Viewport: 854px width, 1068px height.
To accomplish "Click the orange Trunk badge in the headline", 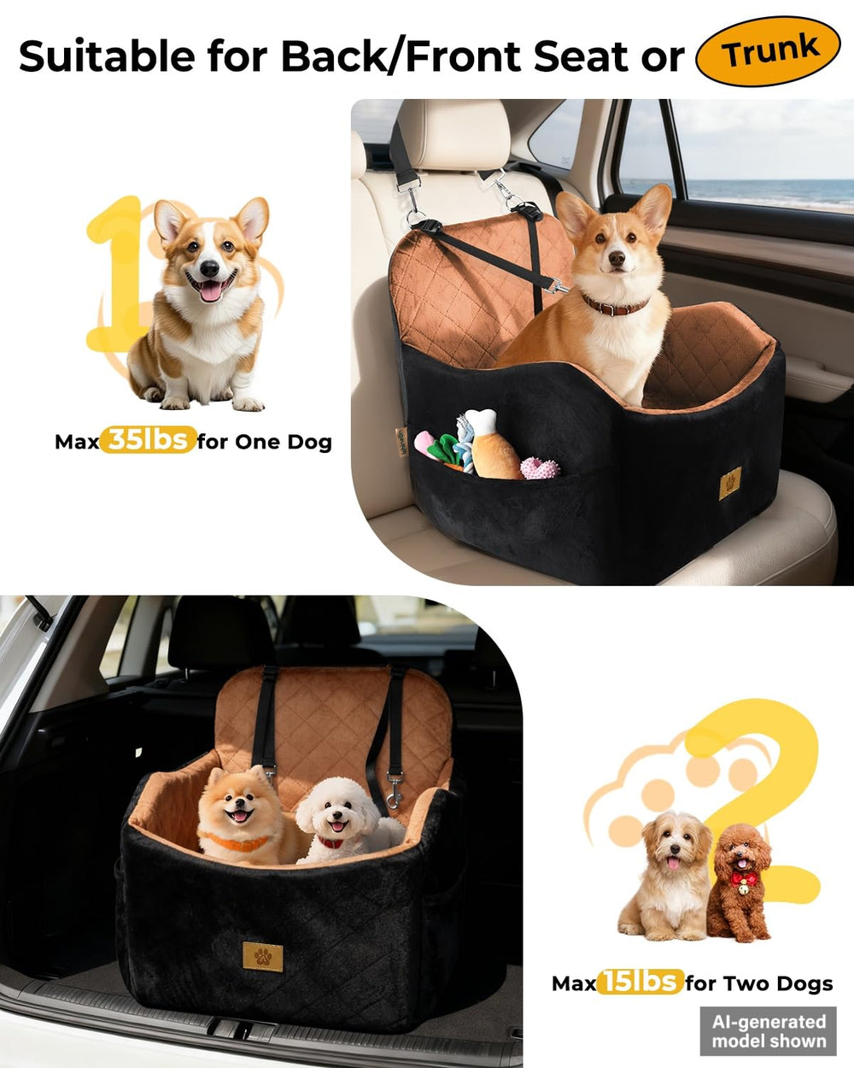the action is pyautogui.click(x=768, y=51).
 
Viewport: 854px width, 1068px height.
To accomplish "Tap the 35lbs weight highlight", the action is pyautogui.click(x=148, y=439).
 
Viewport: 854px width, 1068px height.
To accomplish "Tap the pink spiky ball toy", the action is pyautogui.click(x=540, y=468).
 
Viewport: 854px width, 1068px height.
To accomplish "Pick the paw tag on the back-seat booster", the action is pyautogui.click(x=730, y=482).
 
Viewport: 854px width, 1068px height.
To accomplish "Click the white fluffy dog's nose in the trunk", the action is pyautogui.click(x=337, y=815).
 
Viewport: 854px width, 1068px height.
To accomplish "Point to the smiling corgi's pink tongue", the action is pyautogui.click(x=210, y=292).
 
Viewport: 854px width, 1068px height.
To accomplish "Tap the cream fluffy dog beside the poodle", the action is pyautogui.click(x=665, y=877).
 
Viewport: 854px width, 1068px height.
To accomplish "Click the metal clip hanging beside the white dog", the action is pyautogui.click(x=395, y=793).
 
